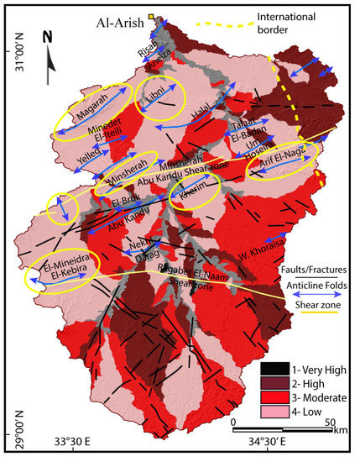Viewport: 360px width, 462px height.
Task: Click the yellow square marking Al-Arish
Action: click(151, 16)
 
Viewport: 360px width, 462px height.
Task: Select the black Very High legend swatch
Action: click(266, 367)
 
